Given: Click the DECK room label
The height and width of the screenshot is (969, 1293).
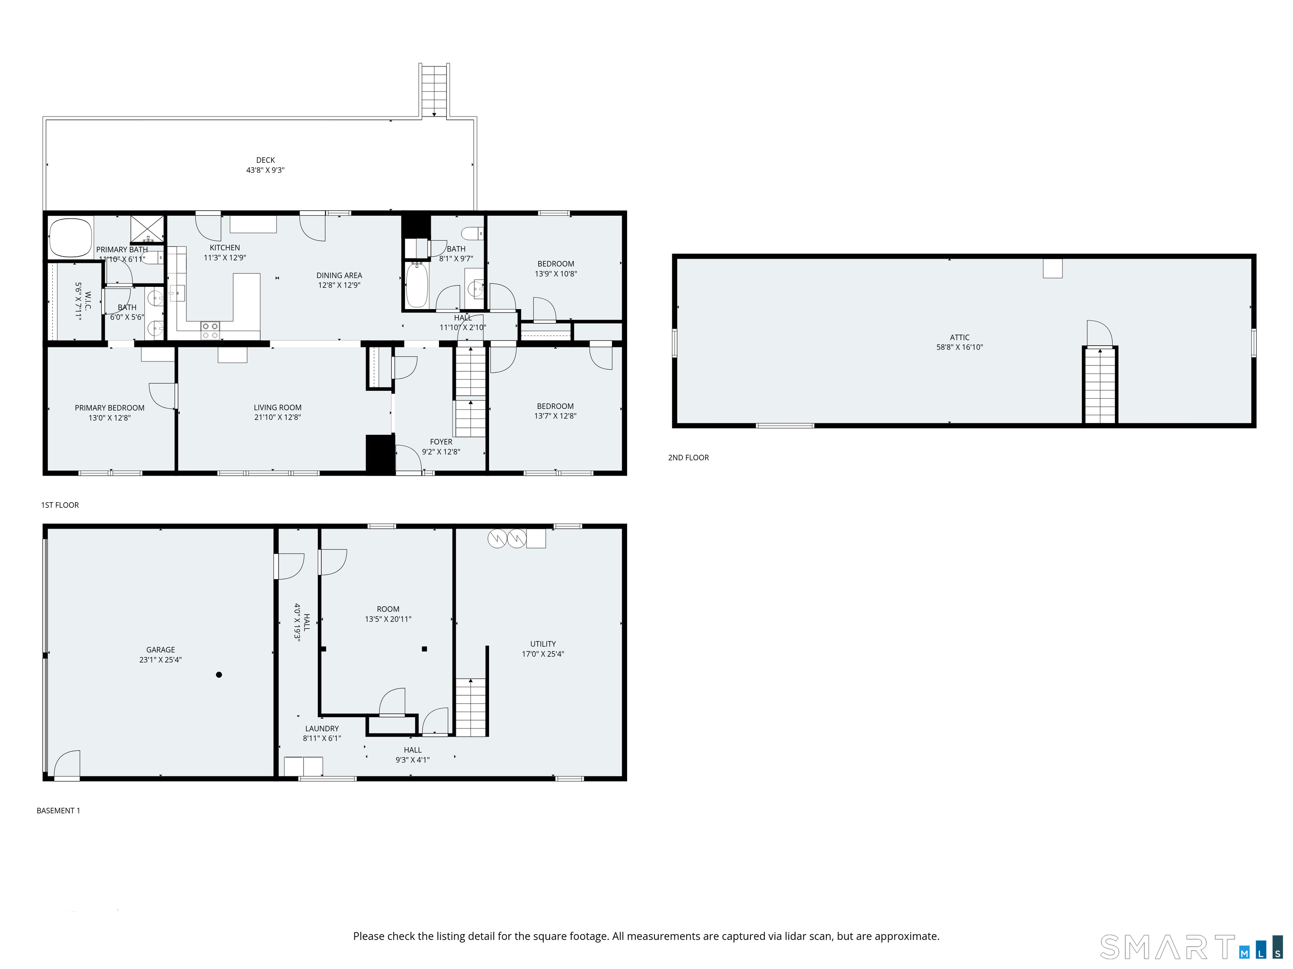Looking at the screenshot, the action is click(266, 160).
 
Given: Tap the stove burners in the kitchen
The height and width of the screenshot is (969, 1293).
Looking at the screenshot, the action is click(210, 331).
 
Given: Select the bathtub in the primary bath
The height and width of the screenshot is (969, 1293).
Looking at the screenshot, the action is click(71, 238).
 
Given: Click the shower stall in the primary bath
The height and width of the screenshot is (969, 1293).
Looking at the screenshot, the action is click(147, 229).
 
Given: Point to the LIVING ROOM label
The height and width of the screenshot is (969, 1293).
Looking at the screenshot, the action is click(278, 408).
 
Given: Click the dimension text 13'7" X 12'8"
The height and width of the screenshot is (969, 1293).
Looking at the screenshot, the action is click(555, 416).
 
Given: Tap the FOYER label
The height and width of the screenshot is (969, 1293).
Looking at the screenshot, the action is click(442, 442).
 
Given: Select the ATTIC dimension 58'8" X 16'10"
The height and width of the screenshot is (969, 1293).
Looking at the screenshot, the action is click(960, 347).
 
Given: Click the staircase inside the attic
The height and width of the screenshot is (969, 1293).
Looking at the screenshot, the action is click(1100, 386).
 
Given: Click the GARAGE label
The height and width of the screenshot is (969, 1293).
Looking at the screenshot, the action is click(161, 649).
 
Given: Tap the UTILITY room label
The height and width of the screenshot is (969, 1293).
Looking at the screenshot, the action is click(543, 643).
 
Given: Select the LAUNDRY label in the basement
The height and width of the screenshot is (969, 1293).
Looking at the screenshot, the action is click(322, 728).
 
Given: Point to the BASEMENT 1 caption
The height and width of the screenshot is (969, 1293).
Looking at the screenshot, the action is click(59, 811).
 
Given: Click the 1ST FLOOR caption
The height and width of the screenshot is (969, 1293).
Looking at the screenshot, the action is click(60, 505).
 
